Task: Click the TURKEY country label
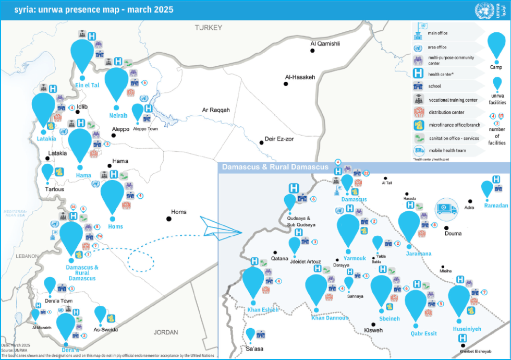[x=208, y=28]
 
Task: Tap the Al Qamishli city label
[x=325, y=44]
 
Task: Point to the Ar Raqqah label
[x=216, y=110]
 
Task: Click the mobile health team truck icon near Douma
[x=446, y=207]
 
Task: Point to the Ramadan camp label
[x=495, y=206]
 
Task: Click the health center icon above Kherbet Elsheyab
[x=462, y=339]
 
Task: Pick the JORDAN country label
[x=166, y=332]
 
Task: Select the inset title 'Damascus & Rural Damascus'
[x=275, y=167]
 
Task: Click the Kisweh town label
[x=373, y=330]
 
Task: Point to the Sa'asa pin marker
[x=250, y=334]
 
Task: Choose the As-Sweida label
[x=105, y=329]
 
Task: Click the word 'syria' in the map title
[x=14, y=10]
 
